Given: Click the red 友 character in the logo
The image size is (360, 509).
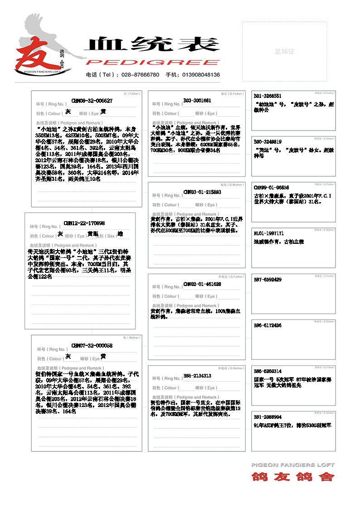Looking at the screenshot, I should click(34, 53).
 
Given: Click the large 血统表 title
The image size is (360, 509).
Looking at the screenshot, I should click(152, 44).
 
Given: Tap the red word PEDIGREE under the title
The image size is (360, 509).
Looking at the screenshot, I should click(152, 63).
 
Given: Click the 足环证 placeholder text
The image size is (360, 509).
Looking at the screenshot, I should click(284, 52).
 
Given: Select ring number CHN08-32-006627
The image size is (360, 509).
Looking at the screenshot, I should click(92, 101).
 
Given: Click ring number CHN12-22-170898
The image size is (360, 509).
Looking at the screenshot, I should click(84, 223).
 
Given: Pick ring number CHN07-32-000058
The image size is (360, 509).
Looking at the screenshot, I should click(92, 346).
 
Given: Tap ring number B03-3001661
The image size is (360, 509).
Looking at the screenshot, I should click(197, 100).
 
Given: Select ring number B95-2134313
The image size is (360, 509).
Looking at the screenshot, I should click(197, 376).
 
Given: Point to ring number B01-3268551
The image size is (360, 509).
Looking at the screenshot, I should click(268, 96).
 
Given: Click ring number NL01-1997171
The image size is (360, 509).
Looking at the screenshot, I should click(269, 233).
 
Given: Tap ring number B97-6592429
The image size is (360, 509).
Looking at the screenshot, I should click(268, 280).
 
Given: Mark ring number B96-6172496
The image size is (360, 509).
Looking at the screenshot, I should click(268, 325).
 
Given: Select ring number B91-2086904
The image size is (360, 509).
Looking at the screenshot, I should click(268, 417).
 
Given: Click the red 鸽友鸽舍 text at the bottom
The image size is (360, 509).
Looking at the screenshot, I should click(293, 477).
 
